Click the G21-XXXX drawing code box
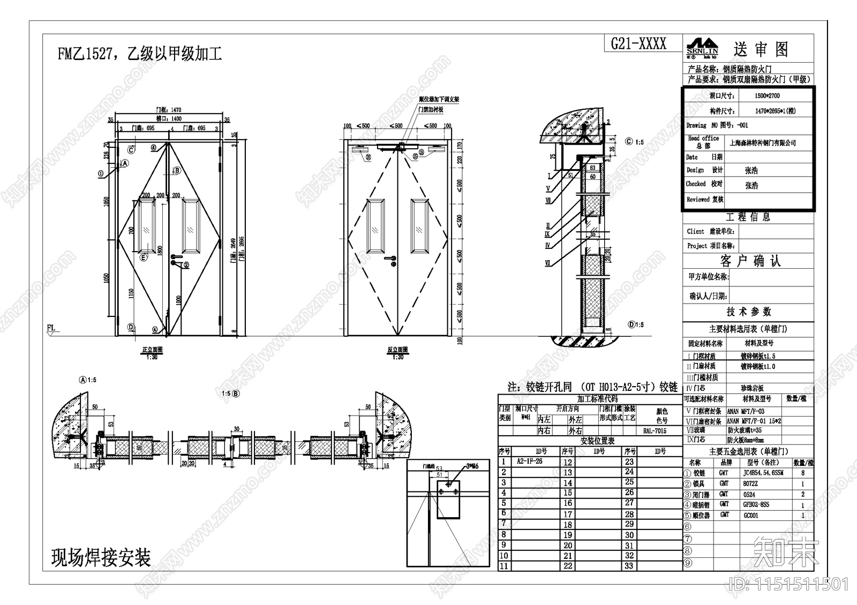[638, 44]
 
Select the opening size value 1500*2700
[767, 96]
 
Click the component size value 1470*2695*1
[775, 111]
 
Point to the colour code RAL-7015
[654, 430]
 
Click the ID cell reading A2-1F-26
[529, 462]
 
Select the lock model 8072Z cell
[750, 483]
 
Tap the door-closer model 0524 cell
[750, 494]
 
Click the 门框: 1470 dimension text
[168, 110]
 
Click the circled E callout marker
[143, 258]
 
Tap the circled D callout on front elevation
[131, 327]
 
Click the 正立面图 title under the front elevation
[152, 350]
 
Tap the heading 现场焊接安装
[101, 558]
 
